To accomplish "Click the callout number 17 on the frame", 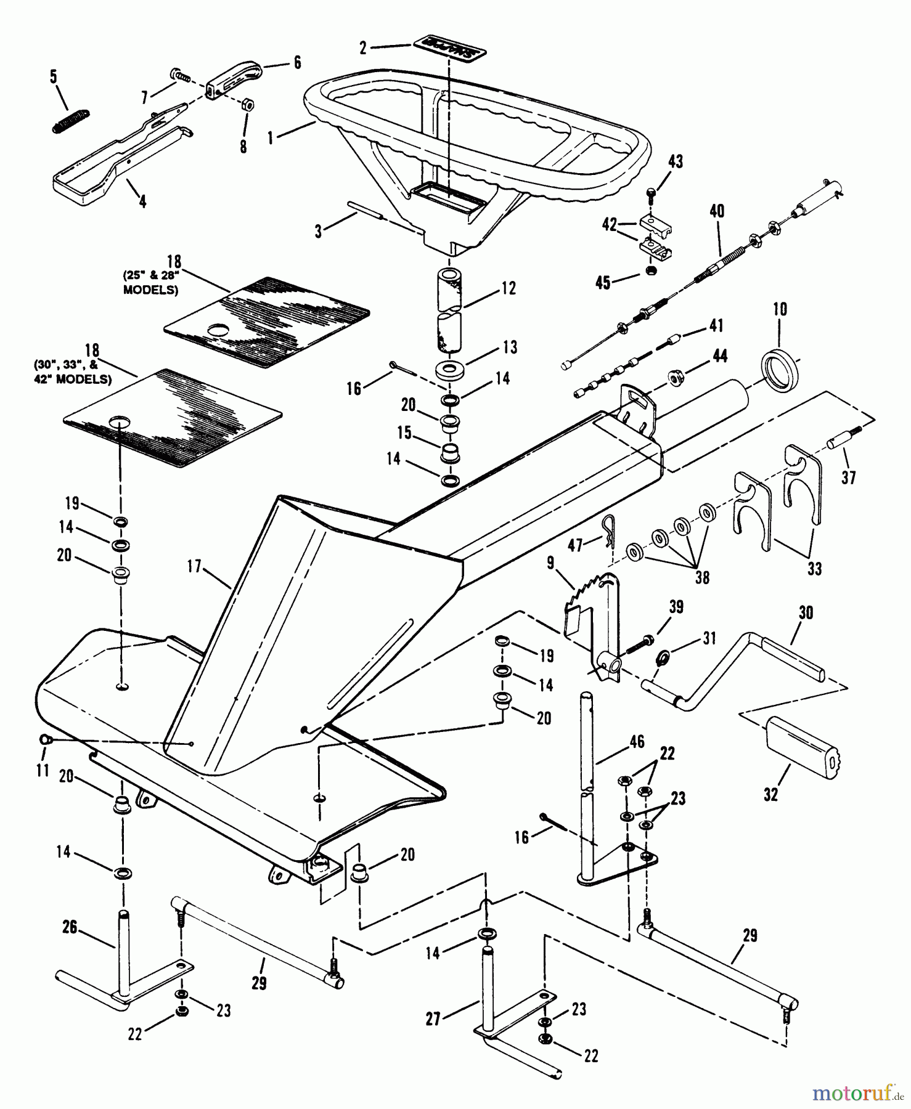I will (194, 566).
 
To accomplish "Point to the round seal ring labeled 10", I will (782, 368).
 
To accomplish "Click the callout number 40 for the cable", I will (717, 211).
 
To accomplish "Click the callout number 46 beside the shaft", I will (637, 742).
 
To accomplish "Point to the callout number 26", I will (70, 927).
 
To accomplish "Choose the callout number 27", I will (433, 1020).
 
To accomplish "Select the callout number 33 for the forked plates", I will (814, 569).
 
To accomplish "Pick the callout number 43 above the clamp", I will (676, 162).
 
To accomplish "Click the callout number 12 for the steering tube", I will (509, 288).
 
